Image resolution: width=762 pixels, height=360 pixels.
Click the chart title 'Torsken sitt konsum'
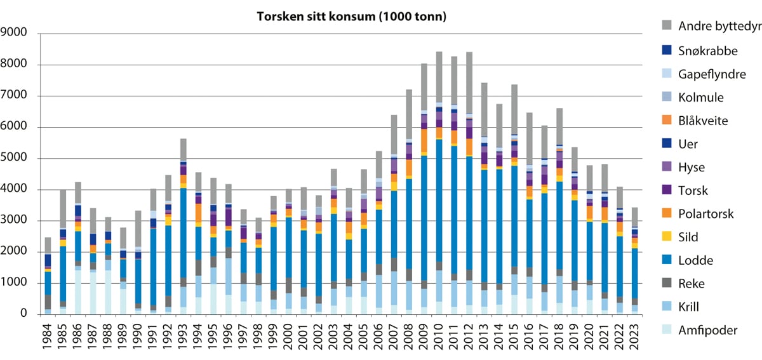coord(351,17)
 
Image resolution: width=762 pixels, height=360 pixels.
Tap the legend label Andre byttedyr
coord(718,26)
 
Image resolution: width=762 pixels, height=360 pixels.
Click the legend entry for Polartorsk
coord(705,213)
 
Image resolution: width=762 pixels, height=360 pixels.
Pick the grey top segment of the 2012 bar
coord(469,83)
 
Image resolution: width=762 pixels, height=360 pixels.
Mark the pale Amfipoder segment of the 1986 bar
coord(78,292)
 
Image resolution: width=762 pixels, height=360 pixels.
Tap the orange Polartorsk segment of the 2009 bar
coord(424,140)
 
